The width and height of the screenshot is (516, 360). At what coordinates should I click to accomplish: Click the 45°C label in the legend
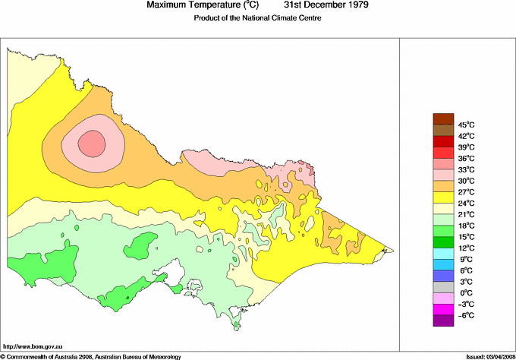[466, 125]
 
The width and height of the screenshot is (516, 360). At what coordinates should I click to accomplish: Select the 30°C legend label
[466, 181]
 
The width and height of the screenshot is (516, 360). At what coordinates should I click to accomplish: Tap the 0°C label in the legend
[466, 293]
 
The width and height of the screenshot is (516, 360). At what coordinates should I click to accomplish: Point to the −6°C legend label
[466, 315]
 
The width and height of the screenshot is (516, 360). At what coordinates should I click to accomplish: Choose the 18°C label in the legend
[466, 226]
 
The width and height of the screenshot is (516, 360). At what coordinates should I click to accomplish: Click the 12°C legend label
[466, 248]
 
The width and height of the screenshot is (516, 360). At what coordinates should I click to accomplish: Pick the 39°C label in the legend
[466, 147]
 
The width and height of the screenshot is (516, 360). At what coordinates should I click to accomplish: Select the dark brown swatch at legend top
[442, 118]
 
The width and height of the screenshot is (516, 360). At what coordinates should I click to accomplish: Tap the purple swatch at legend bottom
[442, 321]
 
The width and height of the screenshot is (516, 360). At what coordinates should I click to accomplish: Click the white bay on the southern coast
[177, 270]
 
